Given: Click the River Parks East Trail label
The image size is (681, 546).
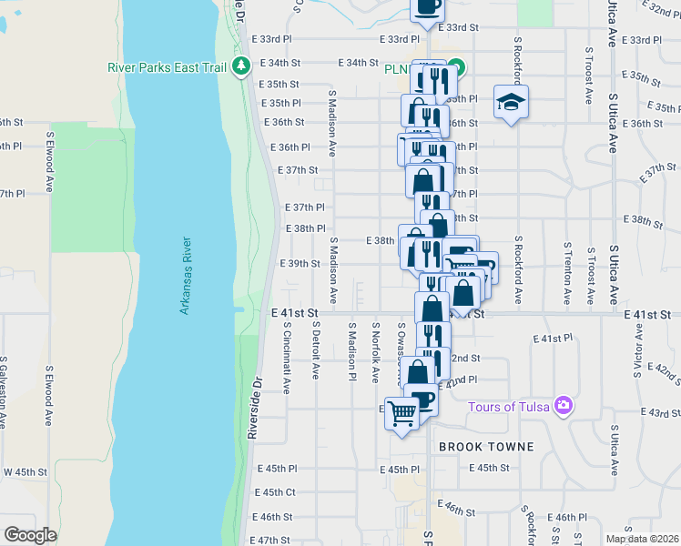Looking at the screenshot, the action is pos(168,66).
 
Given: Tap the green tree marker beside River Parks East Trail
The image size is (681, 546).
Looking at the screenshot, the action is pos(241,66).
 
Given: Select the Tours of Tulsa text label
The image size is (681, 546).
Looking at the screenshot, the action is pos(509,406).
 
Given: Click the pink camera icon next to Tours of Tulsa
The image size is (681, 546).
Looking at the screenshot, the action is pos(564,405).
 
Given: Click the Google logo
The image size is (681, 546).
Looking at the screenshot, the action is pos(30,534).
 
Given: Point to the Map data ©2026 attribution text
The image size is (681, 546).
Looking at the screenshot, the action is pos(642,539).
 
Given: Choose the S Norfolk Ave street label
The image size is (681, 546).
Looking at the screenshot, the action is pos(374,351).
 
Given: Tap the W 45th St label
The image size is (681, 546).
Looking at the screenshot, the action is pos(25,472).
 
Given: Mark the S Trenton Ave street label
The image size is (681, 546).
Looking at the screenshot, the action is pos(567,273).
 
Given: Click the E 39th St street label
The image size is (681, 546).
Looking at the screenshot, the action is pos(301,264).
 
